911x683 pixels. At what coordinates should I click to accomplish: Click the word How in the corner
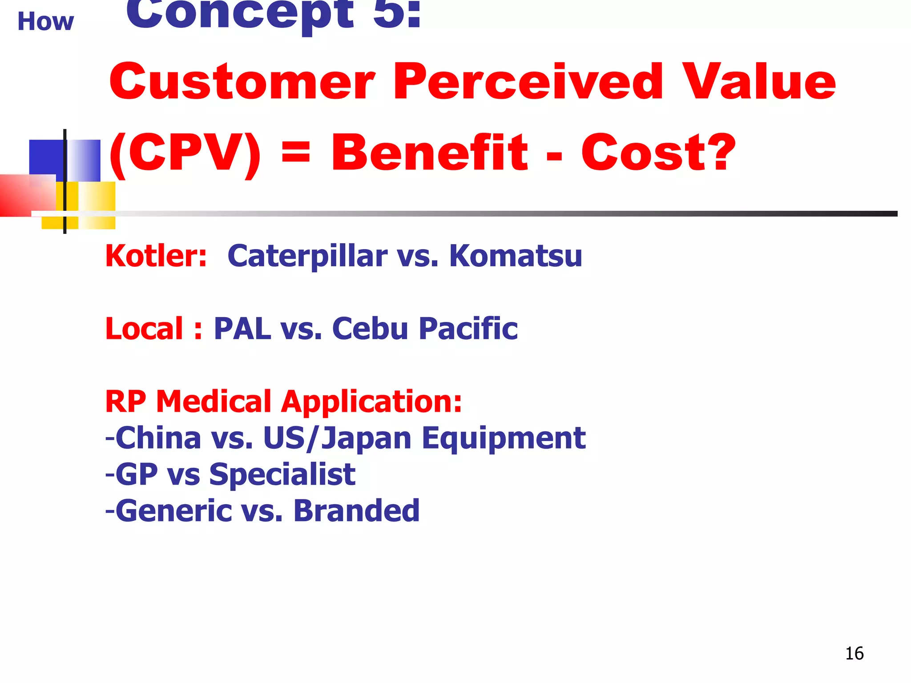point(45,21)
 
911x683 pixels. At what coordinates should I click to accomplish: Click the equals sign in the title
point(296,153)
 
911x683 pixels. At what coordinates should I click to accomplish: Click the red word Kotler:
point(156,256)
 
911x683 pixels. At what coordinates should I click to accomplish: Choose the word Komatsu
point(516,256)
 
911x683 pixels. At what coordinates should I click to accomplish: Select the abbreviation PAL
point(242,329)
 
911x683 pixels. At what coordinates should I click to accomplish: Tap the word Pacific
point(468,329)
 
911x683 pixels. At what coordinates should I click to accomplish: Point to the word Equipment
point(504,438)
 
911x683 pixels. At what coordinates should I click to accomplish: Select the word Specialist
point(282,474)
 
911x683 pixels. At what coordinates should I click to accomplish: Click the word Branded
point(356,510)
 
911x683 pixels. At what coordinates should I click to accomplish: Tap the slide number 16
point(854,654)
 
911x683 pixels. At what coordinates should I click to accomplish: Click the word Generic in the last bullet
point(173,510)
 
